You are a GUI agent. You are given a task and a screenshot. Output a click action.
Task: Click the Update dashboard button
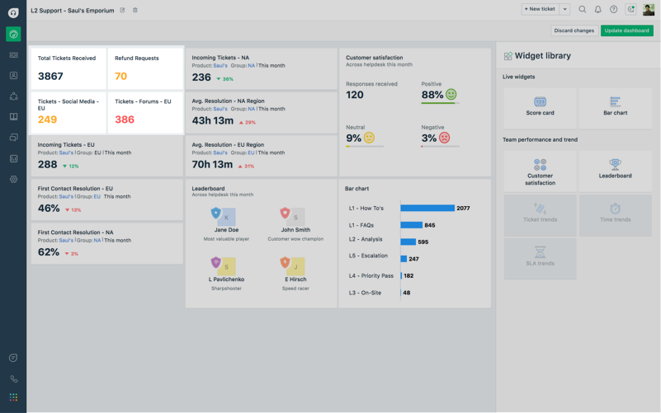coord(626,31)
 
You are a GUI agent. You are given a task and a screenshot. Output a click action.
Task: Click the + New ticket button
coord(540,9)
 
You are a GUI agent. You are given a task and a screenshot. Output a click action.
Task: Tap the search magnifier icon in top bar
coord(582,10)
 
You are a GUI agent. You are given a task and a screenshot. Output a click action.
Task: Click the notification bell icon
coord(597,10)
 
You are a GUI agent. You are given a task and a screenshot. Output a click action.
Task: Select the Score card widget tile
coord(540,106)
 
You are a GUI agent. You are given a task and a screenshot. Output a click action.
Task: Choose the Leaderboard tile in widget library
coord(615,169)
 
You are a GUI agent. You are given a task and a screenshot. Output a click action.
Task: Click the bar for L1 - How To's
coord(427,208)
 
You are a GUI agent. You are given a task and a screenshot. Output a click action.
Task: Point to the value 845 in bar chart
coord(430,225)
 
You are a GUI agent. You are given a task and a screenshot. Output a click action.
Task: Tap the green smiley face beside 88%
coord(451,95)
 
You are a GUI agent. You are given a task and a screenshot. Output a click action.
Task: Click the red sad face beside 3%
coord(444,138)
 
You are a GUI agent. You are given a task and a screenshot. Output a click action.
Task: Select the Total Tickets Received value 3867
coord(50,76)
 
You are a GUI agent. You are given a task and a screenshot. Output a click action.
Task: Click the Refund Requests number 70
coord(120,76)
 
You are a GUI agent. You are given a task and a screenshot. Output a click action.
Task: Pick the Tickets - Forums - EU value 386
coord(125,120)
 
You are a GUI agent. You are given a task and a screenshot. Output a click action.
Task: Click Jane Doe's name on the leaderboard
coord(226,230)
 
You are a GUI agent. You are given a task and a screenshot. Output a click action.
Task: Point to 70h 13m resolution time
coord(212,164)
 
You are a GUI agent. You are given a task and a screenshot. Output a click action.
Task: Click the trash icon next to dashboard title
coord(135,11)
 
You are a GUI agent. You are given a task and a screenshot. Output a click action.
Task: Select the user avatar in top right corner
coord(649,10)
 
